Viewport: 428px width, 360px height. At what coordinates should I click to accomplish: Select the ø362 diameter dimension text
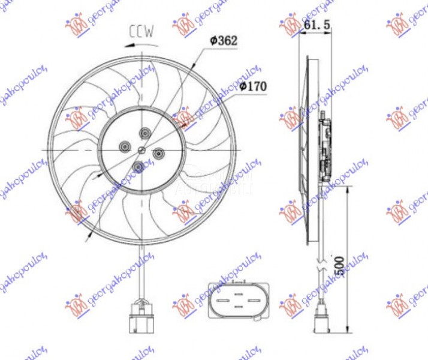224,41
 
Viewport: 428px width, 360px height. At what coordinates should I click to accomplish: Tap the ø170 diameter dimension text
252,86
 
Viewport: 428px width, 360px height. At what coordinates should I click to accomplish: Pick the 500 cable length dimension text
339,265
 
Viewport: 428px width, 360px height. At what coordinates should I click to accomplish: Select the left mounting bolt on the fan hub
125,146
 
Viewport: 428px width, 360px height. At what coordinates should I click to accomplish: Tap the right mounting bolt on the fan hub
159,154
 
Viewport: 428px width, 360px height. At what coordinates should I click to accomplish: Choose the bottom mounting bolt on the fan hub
138,166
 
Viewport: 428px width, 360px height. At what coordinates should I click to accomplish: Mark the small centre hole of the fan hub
141,149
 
